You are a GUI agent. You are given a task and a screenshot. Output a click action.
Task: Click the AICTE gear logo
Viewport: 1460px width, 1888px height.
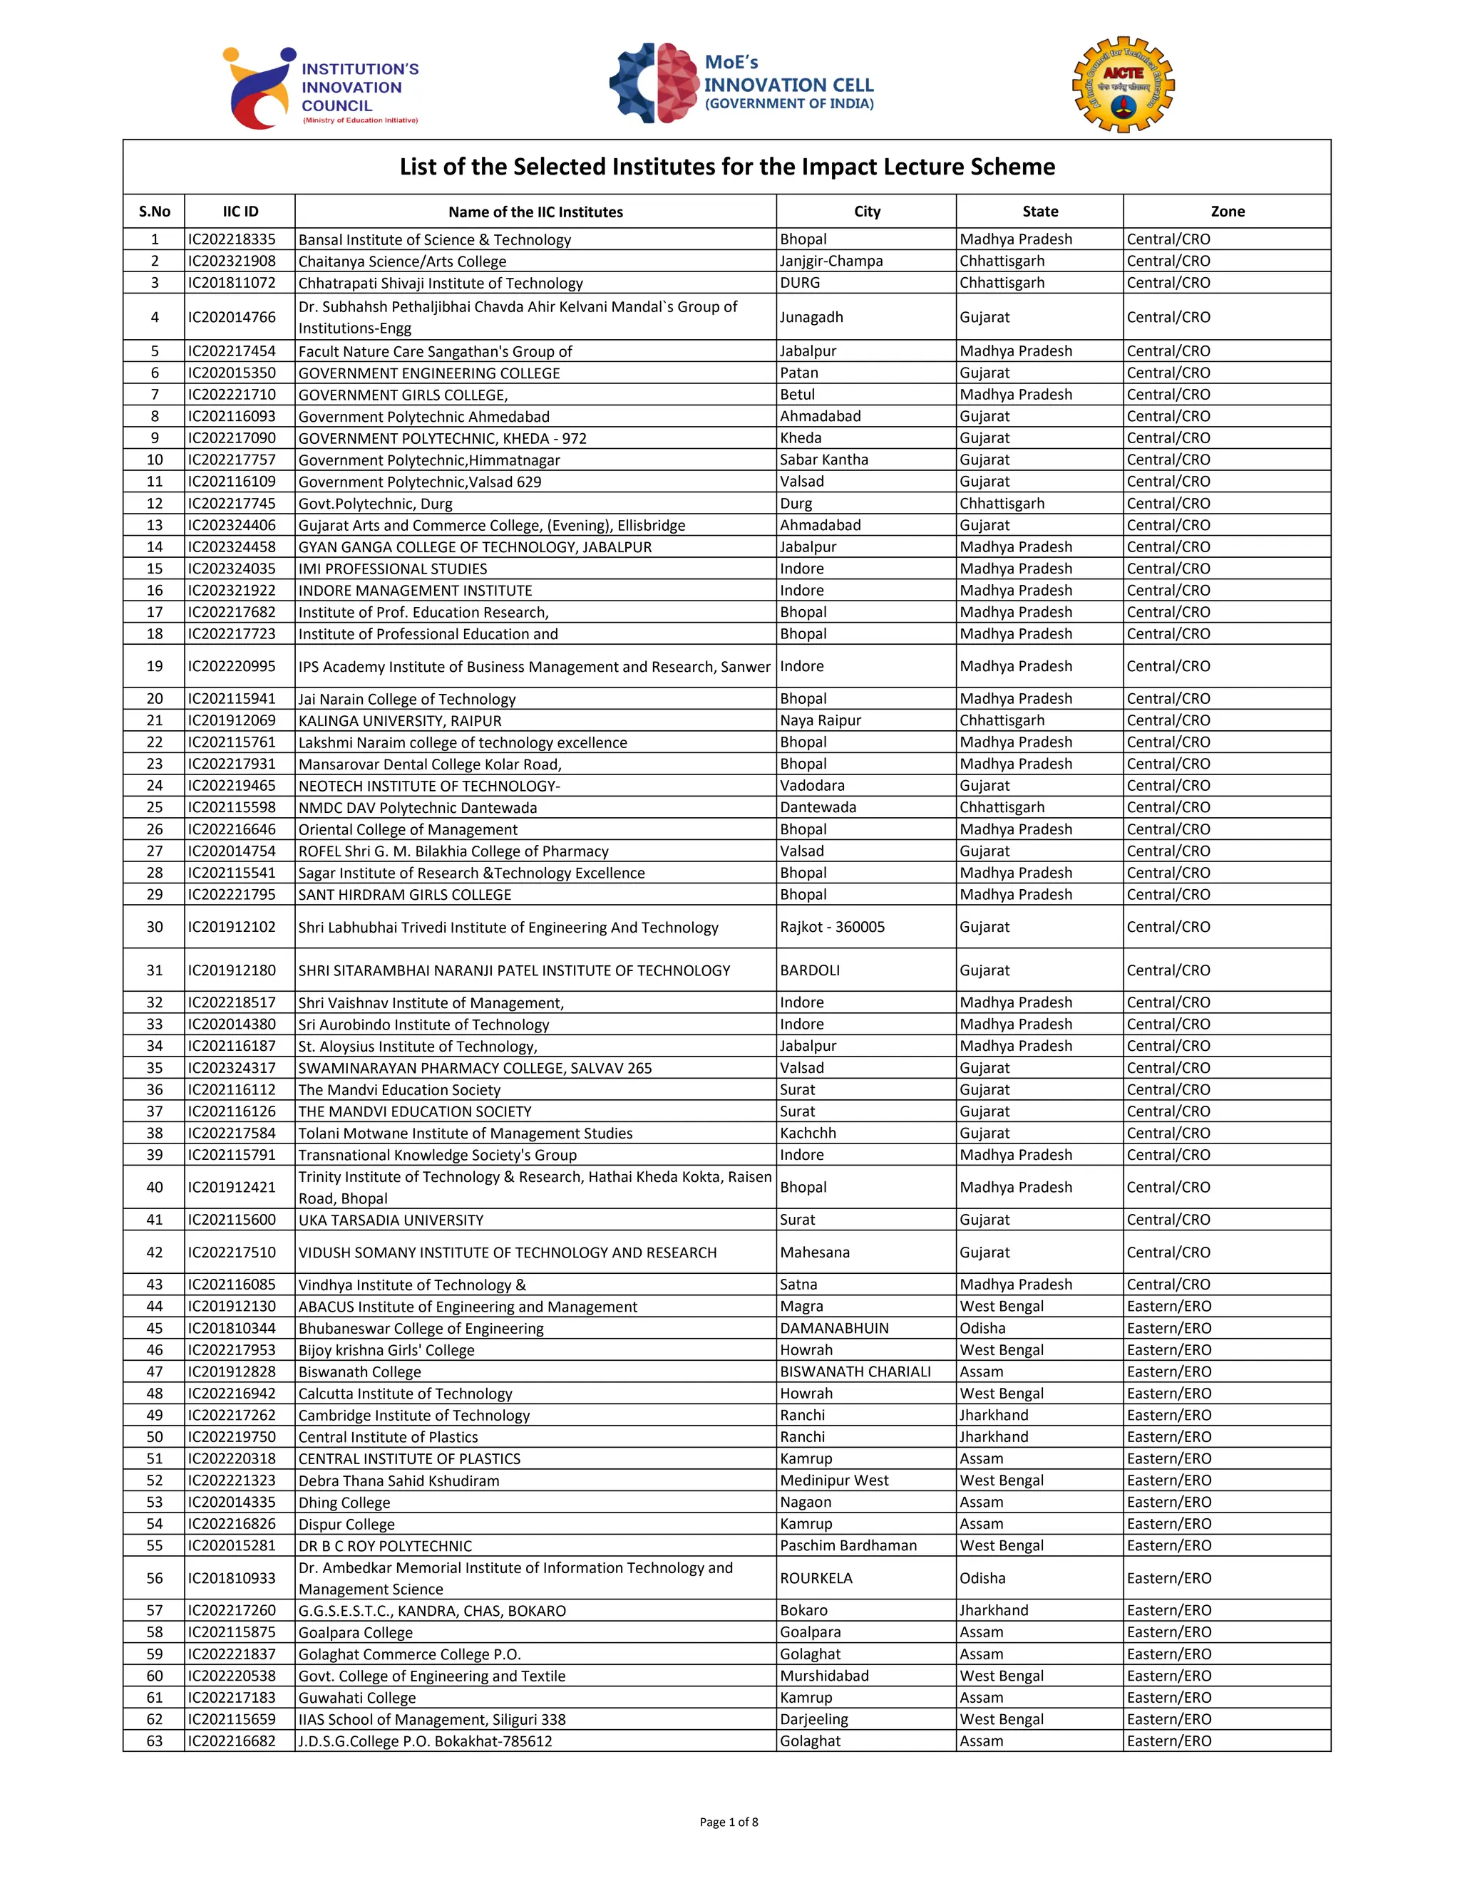click(1123, 85)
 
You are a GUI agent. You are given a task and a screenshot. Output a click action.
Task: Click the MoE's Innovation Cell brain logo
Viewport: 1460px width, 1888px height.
click(654, 83)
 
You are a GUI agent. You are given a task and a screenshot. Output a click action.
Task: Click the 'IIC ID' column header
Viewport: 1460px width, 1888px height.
click(240, 212)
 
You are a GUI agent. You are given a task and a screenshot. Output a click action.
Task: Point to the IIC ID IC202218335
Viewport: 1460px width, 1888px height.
click(232, 239)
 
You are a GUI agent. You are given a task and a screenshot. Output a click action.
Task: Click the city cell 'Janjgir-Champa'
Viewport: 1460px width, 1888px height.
click(831, 261)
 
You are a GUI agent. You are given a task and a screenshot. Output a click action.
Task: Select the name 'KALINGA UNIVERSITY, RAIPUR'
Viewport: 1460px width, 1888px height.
click(400, 721)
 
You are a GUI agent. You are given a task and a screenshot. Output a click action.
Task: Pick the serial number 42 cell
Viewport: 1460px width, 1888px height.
click(154, 1252)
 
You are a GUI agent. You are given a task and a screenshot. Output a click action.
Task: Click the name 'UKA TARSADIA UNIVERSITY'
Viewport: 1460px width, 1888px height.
click(391, 1220)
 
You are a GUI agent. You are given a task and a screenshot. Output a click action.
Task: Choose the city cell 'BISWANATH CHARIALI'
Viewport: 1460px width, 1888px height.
click(855, 1372)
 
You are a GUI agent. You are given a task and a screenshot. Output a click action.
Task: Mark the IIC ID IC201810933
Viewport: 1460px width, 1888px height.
click(232, 1579)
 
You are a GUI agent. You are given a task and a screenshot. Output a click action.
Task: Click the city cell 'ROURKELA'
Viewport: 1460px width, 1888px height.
click(816, 1579)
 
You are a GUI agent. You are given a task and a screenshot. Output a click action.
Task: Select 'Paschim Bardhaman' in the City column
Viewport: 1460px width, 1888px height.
click(848, 1546)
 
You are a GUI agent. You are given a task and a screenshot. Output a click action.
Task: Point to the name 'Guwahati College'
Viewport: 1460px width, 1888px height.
click(356, 1698)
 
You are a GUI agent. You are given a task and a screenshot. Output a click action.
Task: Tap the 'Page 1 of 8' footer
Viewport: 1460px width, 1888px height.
click(729, 1822)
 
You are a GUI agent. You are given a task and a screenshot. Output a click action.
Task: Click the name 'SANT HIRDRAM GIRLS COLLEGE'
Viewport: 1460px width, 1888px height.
click(405, 895)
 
